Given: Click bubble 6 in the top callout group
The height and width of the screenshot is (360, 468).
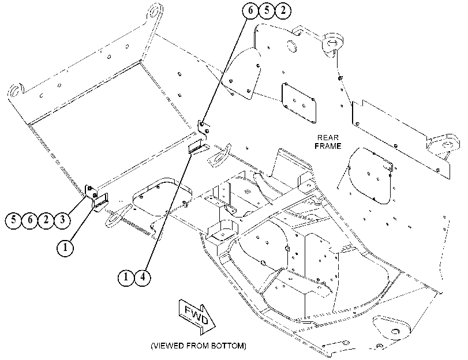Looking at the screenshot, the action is coord(250,10).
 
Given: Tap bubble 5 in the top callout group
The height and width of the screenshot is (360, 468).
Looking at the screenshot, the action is coord(267,10).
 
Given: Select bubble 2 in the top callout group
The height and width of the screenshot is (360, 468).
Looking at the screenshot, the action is coord(283,10).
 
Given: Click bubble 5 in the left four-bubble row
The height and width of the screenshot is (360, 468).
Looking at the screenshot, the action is coord(13,220).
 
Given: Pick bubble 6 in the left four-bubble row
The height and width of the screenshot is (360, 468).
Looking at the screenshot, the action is coord(30,220).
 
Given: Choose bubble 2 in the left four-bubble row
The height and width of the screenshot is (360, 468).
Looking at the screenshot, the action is coord(46,220).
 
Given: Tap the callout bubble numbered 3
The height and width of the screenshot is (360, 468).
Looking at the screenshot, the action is coord(62,220).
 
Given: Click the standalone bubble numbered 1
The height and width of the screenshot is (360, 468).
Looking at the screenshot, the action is coord(65,247).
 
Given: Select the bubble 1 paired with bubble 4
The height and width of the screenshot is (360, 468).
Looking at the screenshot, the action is coord(126,277).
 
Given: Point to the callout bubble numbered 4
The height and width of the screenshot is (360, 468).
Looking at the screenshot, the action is coord(143,277).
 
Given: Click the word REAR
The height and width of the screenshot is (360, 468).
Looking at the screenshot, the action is coord(328,138).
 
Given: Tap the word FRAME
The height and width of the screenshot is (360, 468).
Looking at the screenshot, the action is coord(328,146).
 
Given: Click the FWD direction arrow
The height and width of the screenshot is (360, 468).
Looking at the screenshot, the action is coord(197,316).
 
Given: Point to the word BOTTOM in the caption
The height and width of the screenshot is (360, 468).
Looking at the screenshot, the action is coord(227,346).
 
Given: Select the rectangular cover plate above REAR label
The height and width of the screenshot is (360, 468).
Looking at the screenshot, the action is coord(299,103).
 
